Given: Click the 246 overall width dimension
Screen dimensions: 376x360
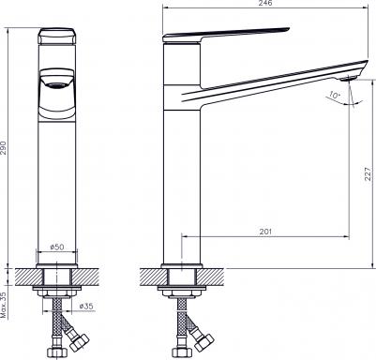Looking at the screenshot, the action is point(265,3).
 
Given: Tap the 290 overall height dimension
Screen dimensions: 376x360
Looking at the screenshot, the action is point(3,148).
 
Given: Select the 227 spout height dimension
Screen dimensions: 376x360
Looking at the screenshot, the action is point(368,173).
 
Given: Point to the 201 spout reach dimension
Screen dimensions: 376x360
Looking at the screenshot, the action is point(265,232).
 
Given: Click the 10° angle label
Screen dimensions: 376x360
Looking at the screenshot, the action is point(335,95).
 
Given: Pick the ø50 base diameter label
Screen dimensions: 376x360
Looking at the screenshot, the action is point(57,247).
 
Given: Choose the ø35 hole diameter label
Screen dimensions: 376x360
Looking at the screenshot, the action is point(86,307).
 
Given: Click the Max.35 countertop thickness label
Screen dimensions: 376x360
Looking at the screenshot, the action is point(4,305).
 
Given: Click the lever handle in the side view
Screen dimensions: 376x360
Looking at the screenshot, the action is point(226,35).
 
